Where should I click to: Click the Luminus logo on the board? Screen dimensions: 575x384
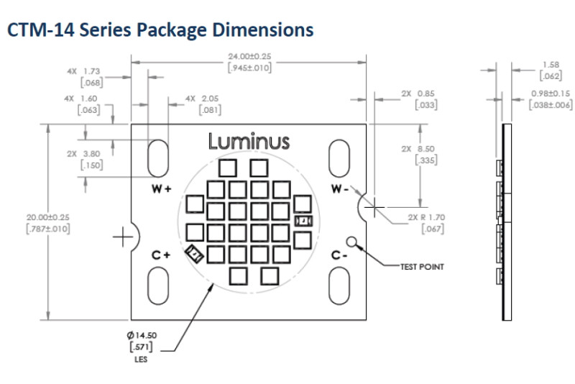click(249, 142)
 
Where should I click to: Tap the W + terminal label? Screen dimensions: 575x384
click(161, 189)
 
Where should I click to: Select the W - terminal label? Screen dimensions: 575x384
click(339, 189)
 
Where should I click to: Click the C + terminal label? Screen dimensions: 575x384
click(161, 255)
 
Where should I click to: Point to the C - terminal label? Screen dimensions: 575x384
click(339, 255)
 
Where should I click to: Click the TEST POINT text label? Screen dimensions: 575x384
click(422, 267)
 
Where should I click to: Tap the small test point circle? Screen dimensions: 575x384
click(351, 242)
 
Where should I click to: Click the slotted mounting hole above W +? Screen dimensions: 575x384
click(158, 158)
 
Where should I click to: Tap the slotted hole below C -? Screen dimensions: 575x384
click(339, 285)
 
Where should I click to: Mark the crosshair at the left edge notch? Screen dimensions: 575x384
click(122, 237)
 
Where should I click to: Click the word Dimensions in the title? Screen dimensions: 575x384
click(263, 29)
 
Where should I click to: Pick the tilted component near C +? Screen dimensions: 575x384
click(194, 254)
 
